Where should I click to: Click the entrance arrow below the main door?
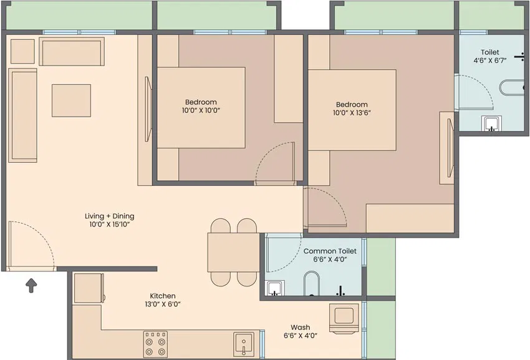click(x=31, y=286)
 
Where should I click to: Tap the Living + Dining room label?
click(x=110, y=216)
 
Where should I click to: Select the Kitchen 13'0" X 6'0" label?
click(x=163, y=300)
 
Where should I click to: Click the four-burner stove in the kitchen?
click(x=155, y=344)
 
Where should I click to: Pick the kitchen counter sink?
click(x=244, y=344)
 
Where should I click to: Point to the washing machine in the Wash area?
click(x=344, y=318)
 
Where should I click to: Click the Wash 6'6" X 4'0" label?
click(x=301, y=331)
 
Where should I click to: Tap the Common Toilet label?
click(x=330, y=251)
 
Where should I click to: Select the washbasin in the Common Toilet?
click(x=275, y=288)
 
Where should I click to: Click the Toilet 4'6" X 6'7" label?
click(x=489, y=57)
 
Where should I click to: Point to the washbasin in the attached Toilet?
click(x=492, y=123)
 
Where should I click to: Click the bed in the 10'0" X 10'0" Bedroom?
click(x=201, y=107)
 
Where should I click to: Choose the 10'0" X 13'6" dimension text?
click(x=352, y=113)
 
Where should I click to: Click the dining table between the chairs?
click(x=234, y=253)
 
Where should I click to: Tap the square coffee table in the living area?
click(x=71, y=100)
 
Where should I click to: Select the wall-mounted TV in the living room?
click(x=148, y=109)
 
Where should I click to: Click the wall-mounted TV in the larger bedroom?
click(x=450, y=148)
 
